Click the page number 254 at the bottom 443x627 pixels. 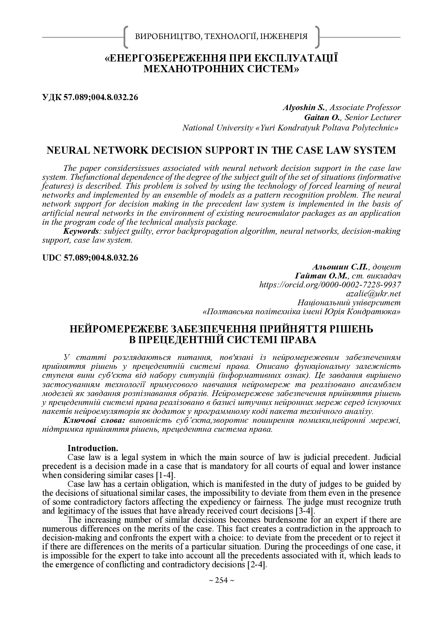tap(221, 581)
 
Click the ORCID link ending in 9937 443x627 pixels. tap(330, 285)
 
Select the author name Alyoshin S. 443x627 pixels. tap(303, 107)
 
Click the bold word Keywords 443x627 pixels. tap(81, 231)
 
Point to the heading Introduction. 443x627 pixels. tap(93, 448)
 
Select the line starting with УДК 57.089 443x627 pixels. tap(90, 97)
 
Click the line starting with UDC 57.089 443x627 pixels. tap(90, 258)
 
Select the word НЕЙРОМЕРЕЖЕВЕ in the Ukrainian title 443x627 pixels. tap(116, 329)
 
